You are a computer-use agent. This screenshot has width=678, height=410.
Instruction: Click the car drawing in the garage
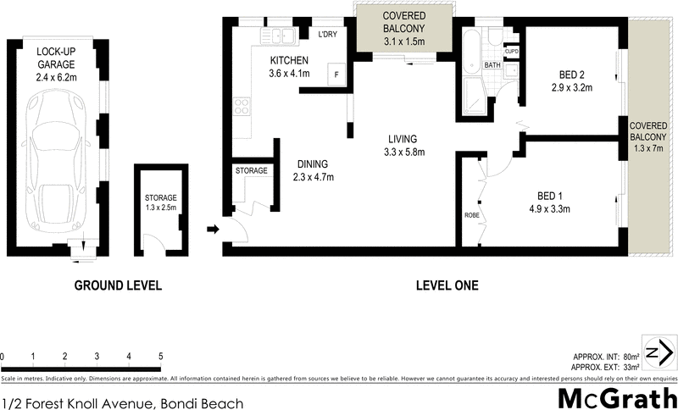click(54, 161)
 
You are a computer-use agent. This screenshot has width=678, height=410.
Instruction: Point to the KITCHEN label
click(289, 60)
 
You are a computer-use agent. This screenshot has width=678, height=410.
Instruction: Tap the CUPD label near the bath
click(511, 52)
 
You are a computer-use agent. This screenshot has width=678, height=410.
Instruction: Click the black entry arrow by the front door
click(212, 229)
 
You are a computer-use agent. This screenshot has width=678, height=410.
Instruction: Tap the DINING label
click(312, 164)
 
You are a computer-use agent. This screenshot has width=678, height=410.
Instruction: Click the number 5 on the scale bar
click(159, 356)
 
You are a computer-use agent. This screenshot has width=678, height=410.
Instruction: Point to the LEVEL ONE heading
click(447, 286)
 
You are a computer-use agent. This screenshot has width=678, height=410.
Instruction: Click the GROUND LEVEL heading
click(117, 286)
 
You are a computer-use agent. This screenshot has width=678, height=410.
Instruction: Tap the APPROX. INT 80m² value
click(631, 357)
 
